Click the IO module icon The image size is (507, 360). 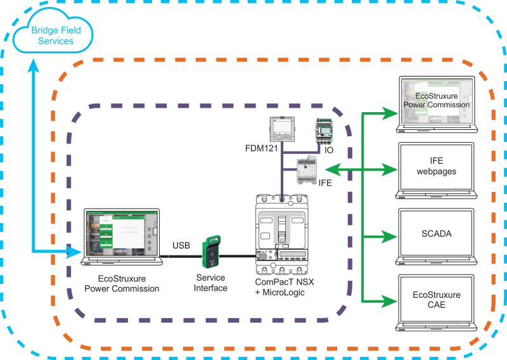(x=324, y=129)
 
